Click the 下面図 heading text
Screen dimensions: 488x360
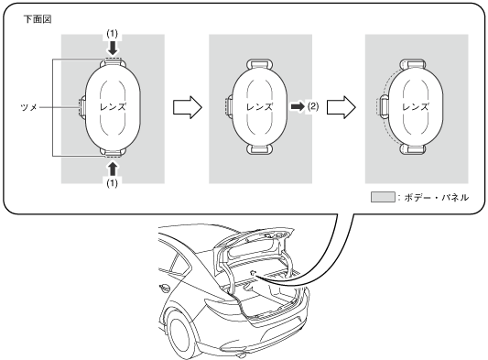tap(38, 19)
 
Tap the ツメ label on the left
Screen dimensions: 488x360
tap(29, 107)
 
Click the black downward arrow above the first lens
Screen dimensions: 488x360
tap(113, 48)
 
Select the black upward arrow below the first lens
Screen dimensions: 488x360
tap(113, 169)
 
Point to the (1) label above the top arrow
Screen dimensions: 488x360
tap(113, 34)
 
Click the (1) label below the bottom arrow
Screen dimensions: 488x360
tap(113, 183)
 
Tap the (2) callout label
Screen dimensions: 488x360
tap(313, 106)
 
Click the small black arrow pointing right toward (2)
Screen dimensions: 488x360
tap(298, 106)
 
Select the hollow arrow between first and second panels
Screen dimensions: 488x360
tap(188, 107)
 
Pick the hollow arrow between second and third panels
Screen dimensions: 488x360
tap(342, 107)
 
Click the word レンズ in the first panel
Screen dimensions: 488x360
tap(113, 107)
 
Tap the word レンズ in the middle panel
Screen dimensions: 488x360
tap(259, 107)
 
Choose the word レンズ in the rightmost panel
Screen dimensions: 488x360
tap(416, 107)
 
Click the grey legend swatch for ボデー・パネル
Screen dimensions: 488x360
tap(383, 197)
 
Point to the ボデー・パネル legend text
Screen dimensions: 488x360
tap(437, 198)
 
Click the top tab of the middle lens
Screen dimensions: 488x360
tap(260, 63)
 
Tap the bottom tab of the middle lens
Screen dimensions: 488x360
tap(260, 149)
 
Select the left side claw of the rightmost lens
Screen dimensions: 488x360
tap(383, 106)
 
